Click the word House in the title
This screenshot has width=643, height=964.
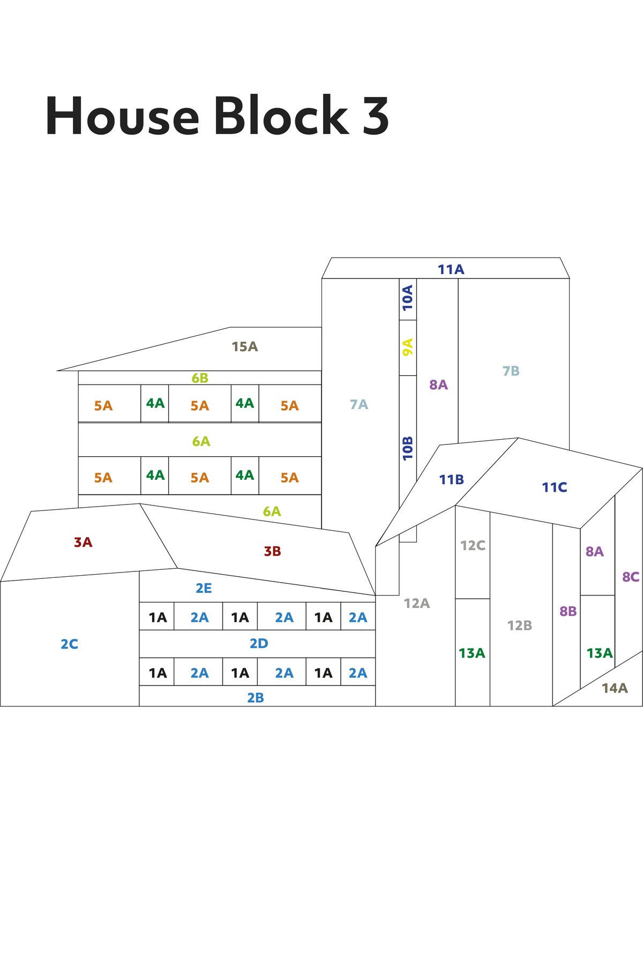pyautogui.click(x=122, y=116)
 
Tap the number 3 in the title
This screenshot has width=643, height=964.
pyautogui.click(x=376, y=116)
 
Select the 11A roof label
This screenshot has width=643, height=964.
pyautogui.click(x=451, y=269)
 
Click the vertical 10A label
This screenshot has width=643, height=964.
pyautogui.click(x=408, y=298)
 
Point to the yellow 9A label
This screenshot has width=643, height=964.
pyautogui.click(x=408, y=347)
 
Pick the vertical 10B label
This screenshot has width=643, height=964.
pyautogui.click(x=408, y=448)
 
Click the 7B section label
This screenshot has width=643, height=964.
pyautogui.click(x=511, y=371)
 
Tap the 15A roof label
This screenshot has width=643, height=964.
pyautogui.click(x=245, y=347)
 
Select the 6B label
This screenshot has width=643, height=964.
pyautogui.click(x=200, y=378)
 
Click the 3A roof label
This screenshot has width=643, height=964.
pyautogui.click(x=83, y=542)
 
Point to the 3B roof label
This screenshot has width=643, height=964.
pyautogui.click(x=272, y=551)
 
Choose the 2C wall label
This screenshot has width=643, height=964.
pyautogui.click(x=69, y=644)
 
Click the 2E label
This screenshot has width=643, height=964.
pyautogui.click(x=204, y=588)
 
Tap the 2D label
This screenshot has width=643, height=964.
pyautogui.click(x=259, y=643)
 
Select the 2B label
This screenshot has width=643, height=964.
pyautogui.click(x=256, y=697)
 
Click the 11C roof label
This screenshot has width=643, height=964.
pyautogui.click(x=554, y=487)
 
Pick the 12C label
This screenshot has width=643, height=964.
pyautogui.click(x=473, y=545)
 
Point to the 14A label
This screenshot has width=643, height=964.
pyautogui.click(x=615, y=688)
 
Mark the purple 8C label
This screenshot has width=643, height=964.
pyautogui.click(x=631, y=577)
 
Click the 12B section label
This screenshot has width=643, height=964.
pyautogui.click(x=520, y=625)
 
